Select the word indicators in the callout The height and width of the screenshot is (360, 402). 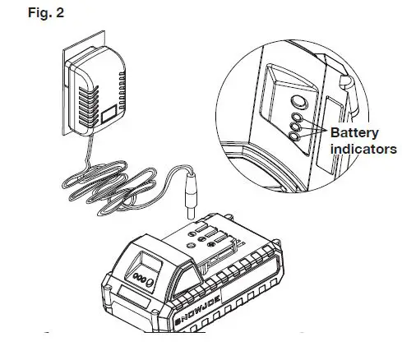click(363, 149)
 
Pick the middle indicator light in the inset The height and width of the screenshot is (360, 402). click(295, 127)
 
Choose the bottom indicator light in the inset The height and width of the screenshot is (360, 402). click(295, 136)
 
